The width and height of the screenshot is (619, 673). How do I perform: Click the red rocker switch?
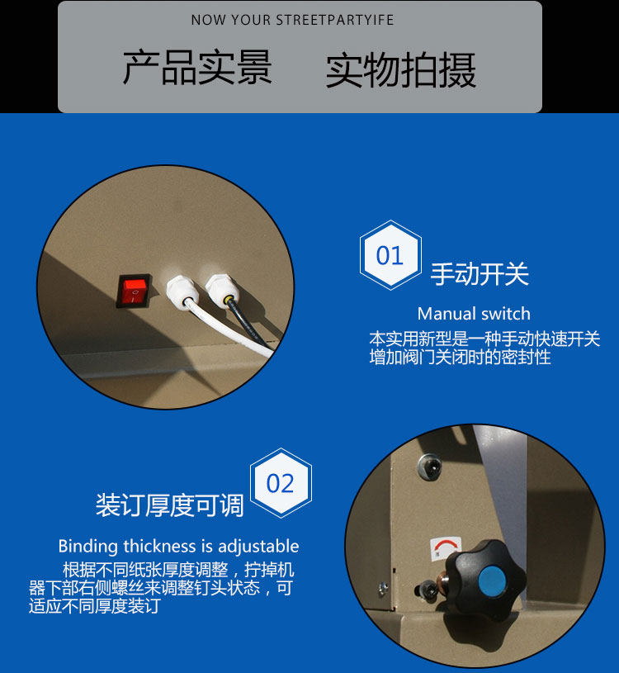(134, 291)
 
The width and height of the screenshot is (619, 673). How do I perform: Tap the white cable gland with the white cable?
(182, 290)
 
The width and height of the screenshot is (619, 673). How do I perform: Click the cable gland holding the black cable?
(222, 289)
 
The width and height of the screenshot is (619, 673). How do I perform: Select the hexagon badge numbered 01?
(390, 255)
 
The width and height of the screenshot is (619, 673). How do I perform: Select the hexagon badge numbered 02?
(281, 483)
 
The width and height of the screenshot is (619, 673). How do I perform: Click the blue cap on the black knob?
(492, 581)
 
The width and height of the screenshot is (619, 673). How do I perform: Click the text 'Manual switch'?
(474, 314)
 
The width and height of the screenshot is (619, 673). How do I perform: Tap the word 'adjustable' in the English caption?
(258, 547)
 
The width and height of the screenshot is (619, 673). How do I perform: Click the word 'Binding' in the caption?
(88, 547)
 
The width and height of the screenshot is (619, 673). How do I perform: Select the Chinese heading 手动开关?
(480, 274)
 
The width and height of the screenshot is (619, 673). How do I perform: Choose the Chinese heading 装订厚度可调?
(170, 505)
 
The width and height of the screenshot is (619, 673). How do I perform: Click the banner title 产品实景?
(197, 67)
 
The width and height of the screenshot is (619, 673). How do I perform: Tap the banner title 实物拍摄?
(400, 70)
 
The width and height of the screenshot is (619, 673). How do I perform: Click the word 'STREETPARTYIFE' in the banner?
(334, 20)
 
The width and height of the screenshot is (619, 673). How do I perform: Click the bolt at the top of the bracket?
(429, 466)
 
